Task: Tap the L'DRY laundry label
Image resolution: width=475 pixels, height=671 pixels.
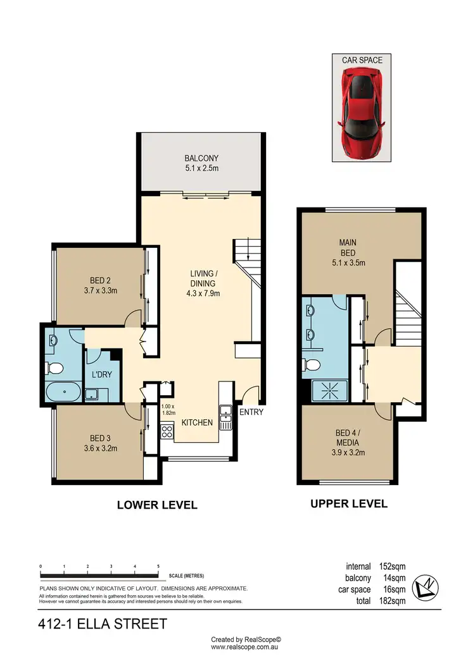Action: pyautogui.click(x=102, y=374)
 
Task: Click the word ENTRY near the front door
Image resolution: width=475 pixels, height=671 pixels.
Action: pyautogui.click(x=251, y=412)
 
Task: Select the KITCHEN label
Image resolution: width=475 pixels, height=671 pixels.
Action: pyautogui.click(x=197, y=422)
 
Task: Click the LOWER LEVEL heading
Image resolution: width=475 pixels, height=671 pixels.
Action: pyautogui.click(x=157, y=505)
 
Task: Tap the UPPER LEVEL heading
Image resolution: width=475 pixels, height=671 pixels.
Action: pyautogui.click(x=348, y=504)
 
